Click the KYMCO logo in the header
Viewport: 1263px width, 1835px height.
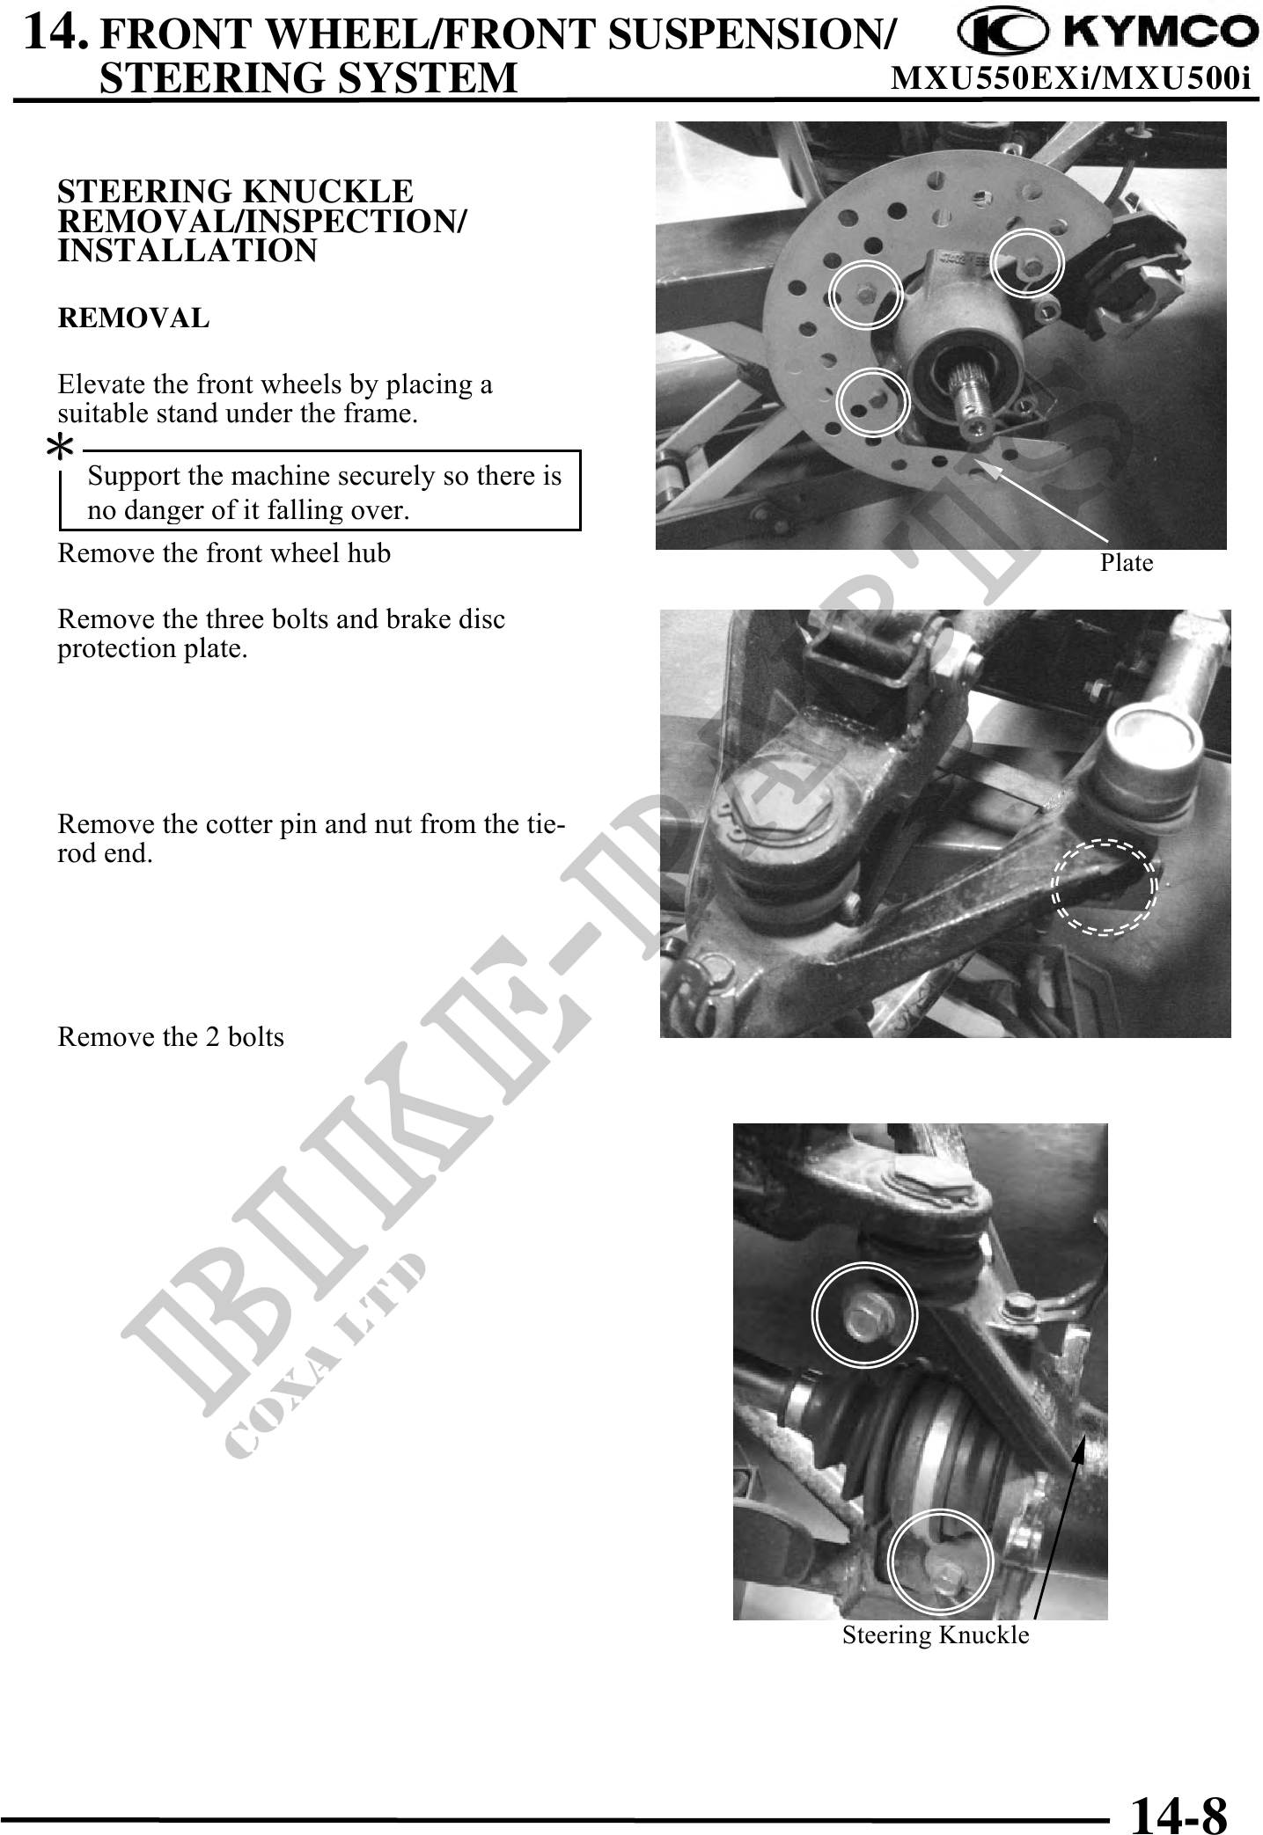[x=1107, y=33]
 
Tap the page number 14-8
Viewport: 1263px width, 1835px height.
[x=1179, y=1811]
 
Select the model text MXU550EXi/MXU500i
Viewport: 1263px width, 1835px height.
[x=1071, y=79]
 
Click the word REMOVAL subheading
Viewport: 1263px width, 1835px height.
[x=134, y=318]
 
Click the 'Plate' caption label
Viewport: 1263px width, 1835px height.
[x=1127, y=563]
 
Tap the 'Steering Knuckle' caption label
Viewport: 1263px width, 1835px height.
[x=936, y=1635]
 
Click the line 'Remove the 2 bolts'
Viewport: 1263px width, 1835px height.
[x=171, y=1037]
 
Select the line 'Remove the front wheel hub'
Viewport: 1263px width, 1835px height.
[x=224, y=553]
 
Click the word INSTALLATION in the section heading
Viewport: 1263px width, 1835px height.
[x=187, y=252]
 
